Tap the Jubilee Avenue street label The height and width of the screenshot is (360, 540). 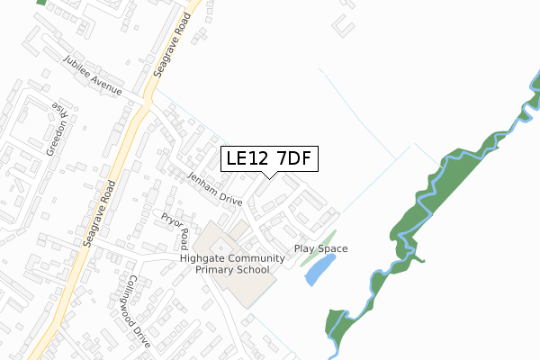102,76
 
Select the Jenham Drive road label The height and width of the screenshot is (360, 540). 214,188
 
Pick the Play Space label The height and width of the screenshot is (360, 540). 320,248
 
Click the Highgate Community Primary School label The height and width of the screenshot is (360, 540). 232,264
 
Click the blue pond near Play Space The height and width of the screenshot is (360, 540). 321,268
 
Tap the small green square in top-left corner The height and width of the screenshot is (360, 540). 40,3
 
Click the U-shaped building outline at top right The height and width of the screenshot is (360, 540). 343,25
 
